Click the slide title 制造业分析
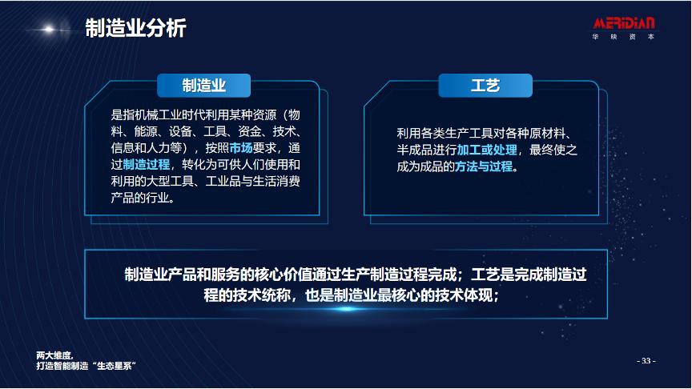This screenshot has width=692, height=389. click(135, 30)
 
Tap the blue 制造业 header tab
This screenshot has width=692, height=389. click(204, 85)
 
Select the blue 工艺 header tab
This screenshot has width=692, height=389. click(485, 85)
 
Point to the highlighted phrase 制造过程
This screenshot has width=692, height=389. click(147, 165)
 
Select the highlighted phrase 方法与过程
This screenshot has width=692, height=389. click(483, 167)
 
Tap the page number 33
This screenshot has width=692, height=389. click(646, 360)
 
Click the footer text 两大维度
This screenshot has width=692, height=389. click(54, 354)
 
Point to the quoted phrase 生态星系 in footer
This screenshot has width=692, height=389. click(114, 365)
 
